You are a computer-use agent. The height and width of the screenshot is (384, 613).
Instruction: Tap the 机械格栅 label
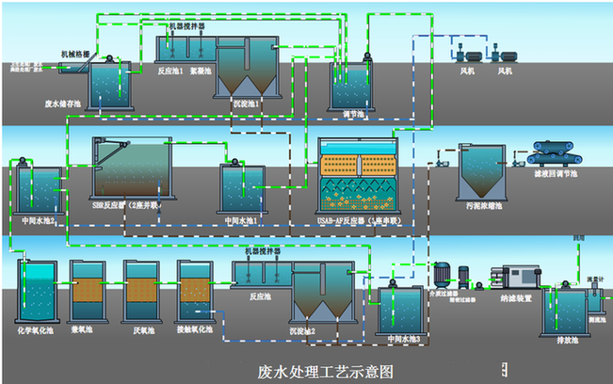click(x=76, y=54)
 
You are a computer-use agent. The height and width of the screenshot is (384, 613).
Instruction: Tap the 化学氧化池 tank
click(x=38, y=292)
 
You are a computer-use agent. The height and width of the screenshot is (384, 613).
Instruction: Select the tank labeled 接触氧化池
click(x=198, y=294)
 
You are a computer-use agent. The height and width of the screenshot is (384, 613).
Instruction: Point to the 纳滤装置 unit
click(x=520, y=279)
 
